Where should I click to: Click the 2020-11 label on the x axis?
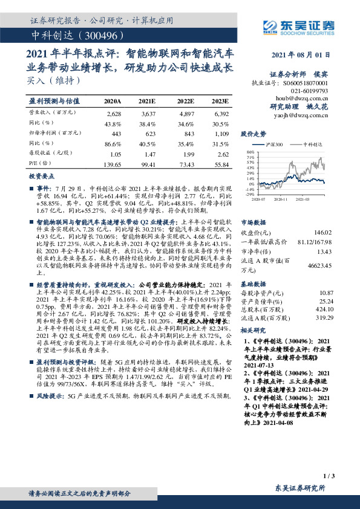[280, 198]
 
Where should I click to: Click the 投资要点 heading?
[42, 175]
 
